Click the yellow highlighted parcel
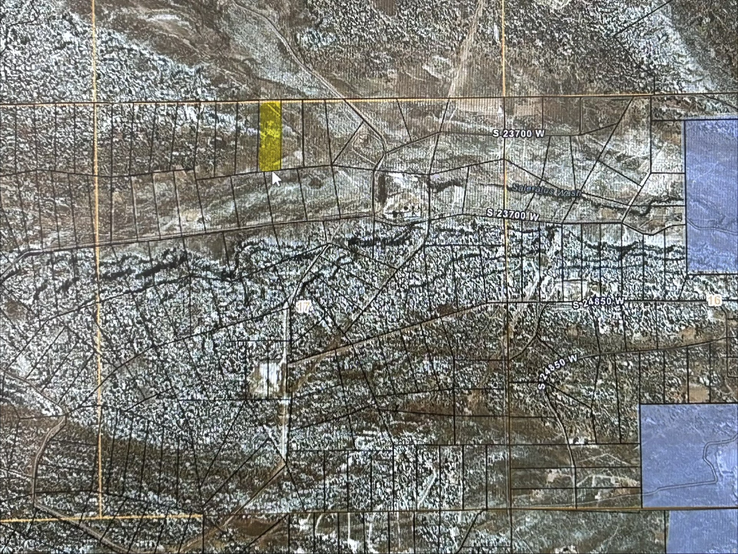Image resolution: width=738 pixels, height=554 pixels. click(x=270, y=136)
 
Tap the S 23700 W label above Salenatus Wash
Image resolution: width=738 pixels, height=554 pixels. click(x=519, y=133)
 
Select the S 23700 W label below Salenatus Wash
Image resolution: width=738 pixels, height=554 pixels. click(x=512, y=214)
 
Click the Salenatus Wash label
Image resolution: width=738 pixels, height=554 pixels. click(x=546, y=190)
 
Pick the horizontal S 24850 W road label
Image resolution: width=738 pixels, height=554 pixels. click(x=598, y=303)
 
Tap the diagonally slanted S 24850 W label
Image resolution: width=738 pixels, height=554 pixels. click(x=558, y=372)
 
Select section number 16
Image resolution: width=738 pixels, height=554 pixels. click(x=714, y=300)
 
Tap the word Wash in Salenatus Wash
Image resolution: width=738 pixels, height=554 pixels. click(x=568, y=192)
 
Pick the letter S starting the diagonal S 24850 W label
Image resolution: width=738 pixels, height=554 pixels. click(x=542, y=386)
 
